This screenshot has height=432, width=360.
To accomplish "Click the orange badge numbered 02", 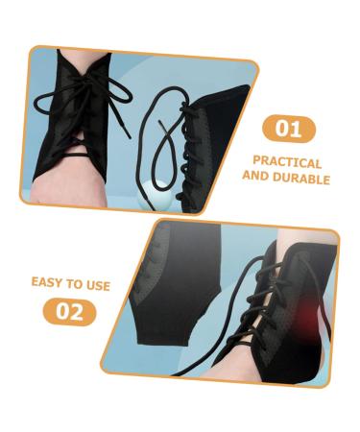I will click(x=70, y=312).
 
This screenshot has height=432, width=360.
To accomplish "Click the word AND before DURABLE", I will click(x=256, y=179).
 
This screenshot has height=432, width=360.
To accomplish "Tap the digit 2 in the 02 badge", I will click(x=77, y=312).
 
